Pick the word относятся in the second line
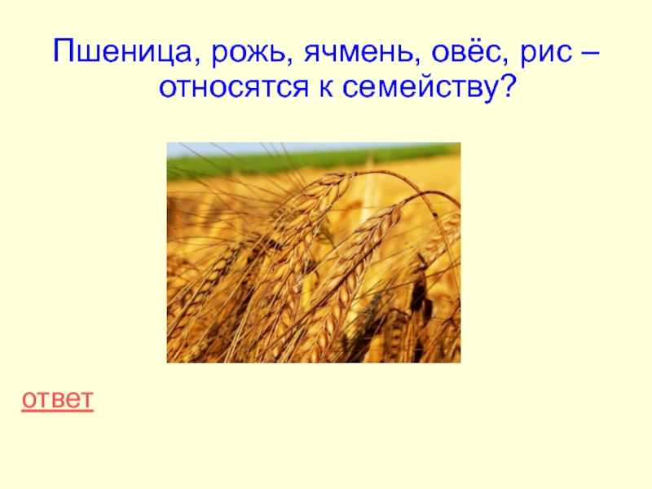pyautogui.click(x=234, y=87)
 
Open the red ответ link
pyautogui.click(x=57, y=400)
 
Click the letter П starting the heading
pyautogui.click(x=63, y=52)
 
